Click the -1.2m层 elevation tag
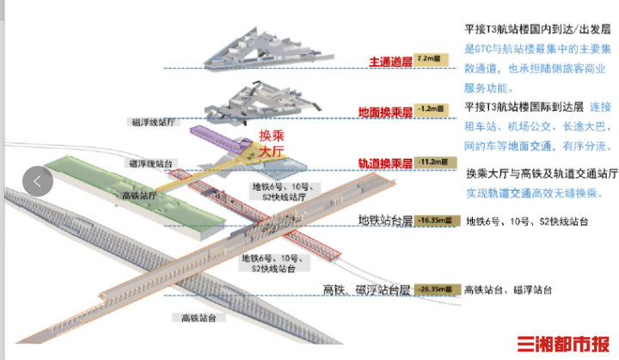[x=428, y=110]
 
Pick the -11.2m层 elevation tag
[x=430, y=162]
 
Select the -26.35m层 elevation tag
[x=437, y=290]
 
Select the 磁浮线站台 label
[x=151, y=163]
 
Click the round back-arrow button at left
[x=38, y=180]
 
